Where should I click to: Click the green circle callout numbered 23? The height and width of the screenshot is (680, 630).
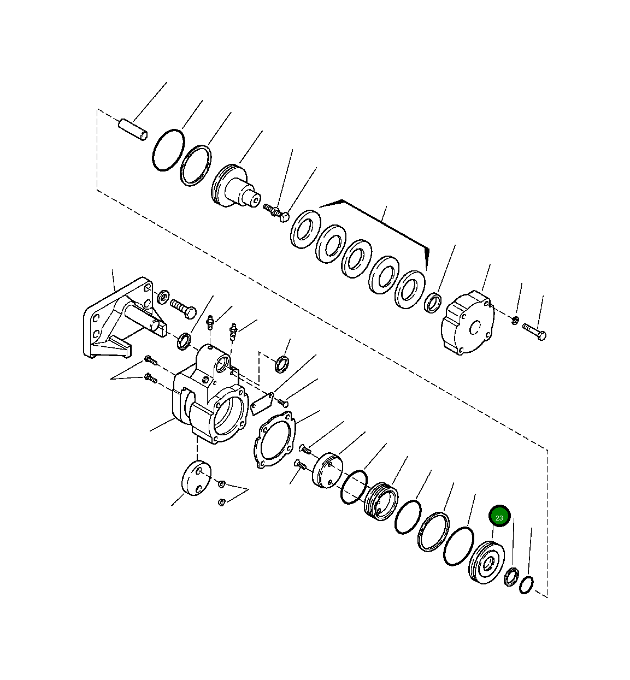coord(499,516)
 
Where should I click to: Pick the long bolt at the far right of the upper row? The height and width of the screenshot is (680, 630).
coord(534,331)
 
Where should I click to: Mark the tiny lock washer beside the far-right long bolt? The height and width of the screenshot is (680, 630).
coord(515,319)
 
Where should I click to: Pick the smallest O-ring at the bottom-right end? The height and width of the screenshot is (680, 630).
coord(526,584)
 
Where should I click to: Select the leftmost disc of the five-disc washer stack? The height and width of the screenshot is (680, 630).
coord(306,228)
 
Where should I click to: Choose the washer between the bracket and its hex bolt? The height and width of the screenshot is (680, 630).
coord(163,298)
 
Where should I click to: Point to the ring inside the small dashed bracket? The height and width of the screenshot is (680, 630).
coord(282,363)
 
